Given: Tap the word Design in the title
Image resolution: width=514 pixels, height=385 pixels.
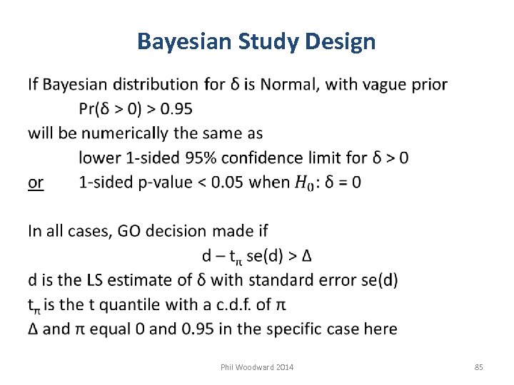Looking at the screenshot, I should (340, 42).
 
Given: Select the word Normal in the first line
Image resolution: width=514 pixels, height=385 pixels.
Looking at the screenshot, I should (290, 85).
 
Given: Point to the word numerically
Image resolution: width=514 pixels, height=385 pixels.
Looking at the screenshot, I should (126, 133).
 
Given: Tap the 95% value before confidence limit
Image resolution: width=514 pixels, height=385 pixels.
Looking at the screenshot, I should (196, 158).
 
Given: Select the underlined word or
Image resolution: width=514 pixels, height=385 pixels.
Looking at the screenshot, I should (36, 183).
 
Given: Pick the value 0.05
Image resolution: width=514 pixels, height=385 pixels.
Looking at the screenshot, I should (227, 183).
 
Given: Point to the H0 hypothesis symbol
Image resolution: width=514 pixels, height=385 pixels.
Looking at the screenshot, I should (304, 183).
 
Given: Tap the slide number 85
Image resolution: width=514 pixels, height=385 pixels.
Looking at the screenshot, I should (478, 367).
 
